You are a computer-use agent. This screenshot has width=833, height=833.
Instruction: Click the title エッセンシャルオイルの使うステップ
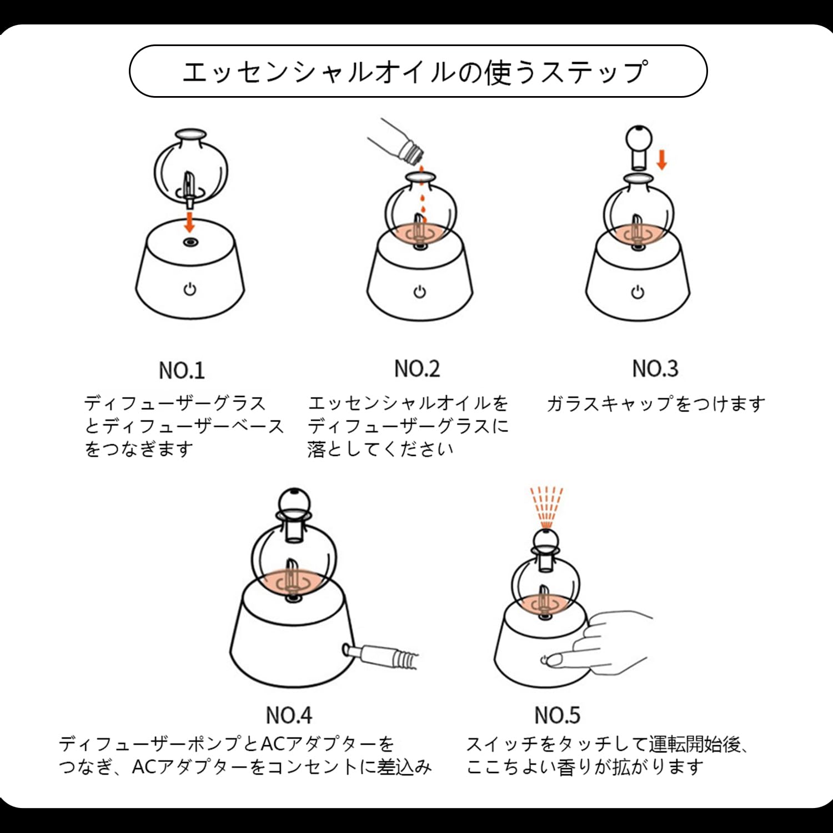point(415,72)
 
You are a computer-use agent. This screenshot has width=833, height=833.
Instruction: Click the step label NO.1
point(182,370)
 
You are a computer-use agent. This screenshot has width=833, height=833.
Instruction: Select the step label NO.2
point(416,368)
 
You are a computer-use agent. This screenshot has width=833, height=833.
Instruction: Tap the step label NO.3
point(655,368)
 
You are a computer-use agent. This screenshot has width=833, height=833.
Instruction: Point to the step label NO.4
point(289,715)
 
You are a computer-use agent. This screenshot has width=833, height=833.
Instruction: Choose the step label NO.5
point(557,715)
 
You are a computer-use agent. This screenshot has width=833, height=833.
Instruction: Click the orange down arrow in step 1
point(190,222)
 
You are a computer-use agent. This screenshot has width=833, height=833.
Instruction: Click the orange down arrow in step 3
point(661,159)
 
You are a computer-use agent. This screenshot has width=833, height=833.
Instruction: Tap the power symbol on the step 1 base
point(190,289)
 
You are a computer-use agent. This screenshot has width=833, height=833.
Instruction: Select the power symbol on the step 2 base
point(420,292)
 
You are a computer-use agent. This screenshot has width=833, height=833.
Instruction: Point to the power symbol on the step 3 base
point(638,292)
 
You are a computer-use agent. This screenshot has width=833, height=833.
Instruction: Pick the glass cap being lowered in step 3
point(639,147)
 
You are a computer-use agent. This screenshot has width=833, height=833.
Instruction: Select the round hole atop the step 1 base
point(190,242)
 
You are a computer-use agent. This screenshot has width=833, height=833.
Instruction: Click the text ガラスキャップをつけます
point(656,404)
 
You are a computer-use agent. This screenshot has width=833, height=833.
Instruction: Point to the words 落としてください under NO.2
point(380,449)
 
